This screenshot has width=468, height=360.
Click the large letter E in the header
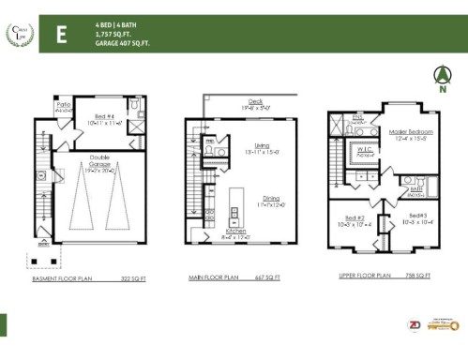[x=61, y=35]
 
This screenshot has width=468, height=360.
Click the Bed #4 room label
[x=105, y=118]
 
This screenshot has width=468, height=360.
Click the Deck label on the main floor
[x=255, y=103]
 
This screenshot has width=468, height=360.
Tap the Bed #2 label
[x=354, y=220]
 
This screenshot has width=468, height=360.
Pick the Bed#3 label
[x=416, y=216]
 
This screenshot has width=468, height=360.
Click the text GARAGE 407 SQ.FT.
[x=121, y=43]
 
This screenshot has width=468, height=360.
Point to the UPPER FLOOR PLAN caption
[x=364, y=276]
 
